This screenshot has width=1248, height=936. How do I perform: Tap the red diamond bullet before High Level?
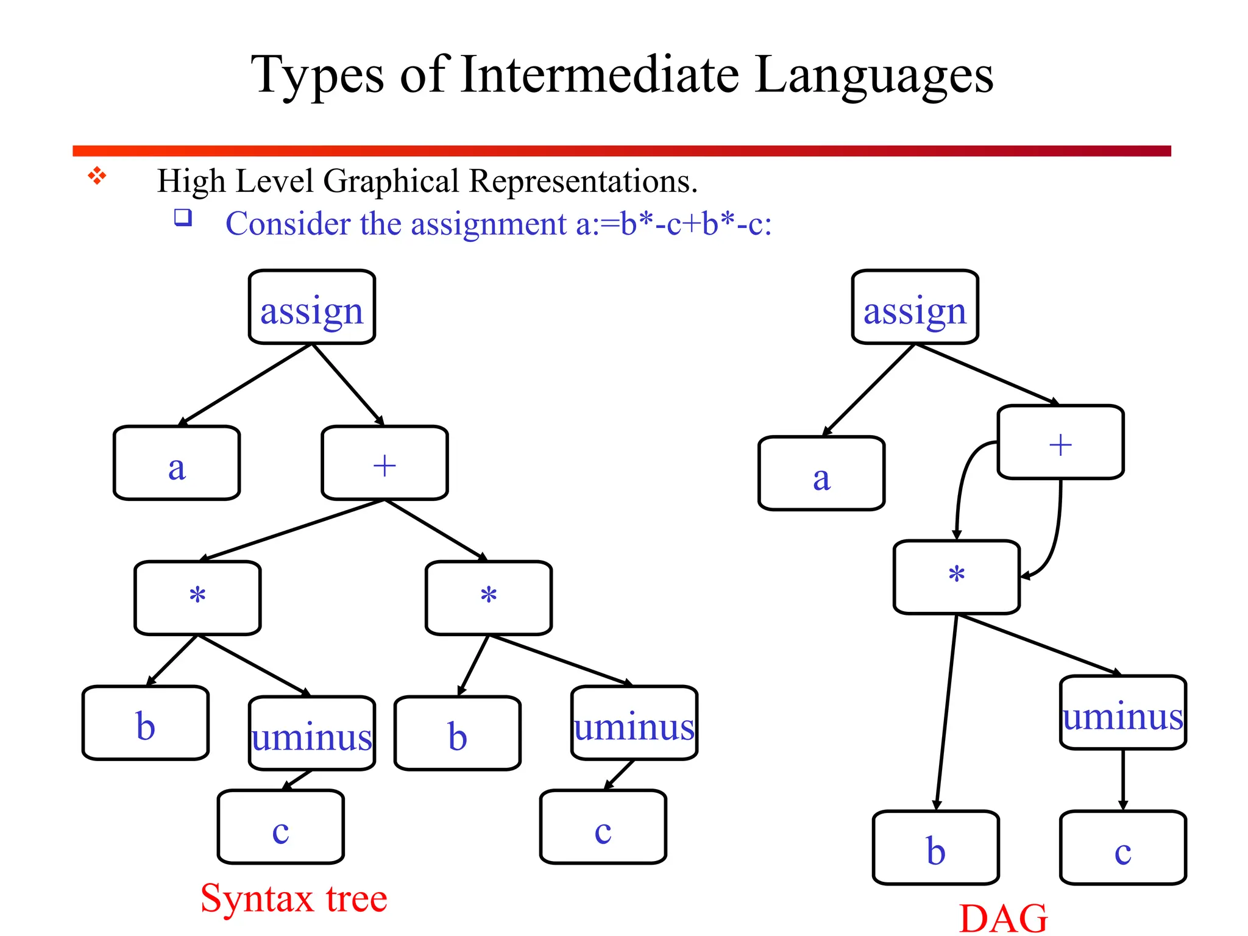pyautogui.click(x=97, y=177)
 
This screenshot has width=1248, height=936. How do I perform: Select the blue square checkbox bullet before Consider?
pyautogui.click(x=183, y=218)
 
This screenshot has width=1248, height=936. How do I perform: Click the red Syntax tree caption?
pyautogui.click(x=294, y=898)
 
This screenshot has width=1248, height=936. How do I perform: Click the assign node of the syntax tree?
pyautogui.click(x=311, y=308)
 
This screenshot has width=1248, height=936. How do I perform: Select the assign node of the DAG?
pyautogui.click(x=915, y=308)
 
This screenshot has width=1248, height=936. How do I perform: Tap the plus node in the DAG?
pyautogui.click(x=1060, y=442)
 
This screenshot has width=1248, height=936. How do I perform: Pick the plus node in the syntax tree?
pyautogui.click(x=385, y=463)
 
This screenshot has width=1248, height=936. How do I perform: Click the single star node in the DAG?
pyautogui.click(x=956, y=576)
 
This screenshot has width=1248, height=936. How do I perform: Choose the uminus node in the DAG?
pyautogui.click(x=1122, y=712)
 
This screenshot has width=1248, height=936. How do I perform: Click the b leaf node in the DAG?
pyautogui.click(x=935, y=848)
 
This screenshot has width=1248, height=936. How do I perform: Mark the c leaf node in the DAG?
pyautogui.click(x=1122, y=848)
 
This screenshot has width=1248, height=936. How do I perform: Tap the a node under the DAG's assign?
pyautogui.click(x=821, y=473)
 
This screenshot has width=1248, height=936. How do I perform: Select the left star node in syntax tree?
pyautogui.click(x=197, y=598)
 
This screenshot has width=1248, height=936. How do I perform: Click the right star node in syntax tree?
pyautogui.click(x=489, y=598)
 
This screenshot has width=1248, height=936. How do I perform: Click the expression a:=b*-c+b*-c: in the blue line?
pyautogui.click(x=673, y=224)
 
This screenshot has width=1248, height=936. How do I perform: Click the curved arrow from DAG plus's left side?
pyautogui.click(x=963, y=481)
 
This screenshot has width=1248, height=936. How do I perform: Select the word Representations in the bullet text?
pyautogui.click(x=583, y=181)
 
